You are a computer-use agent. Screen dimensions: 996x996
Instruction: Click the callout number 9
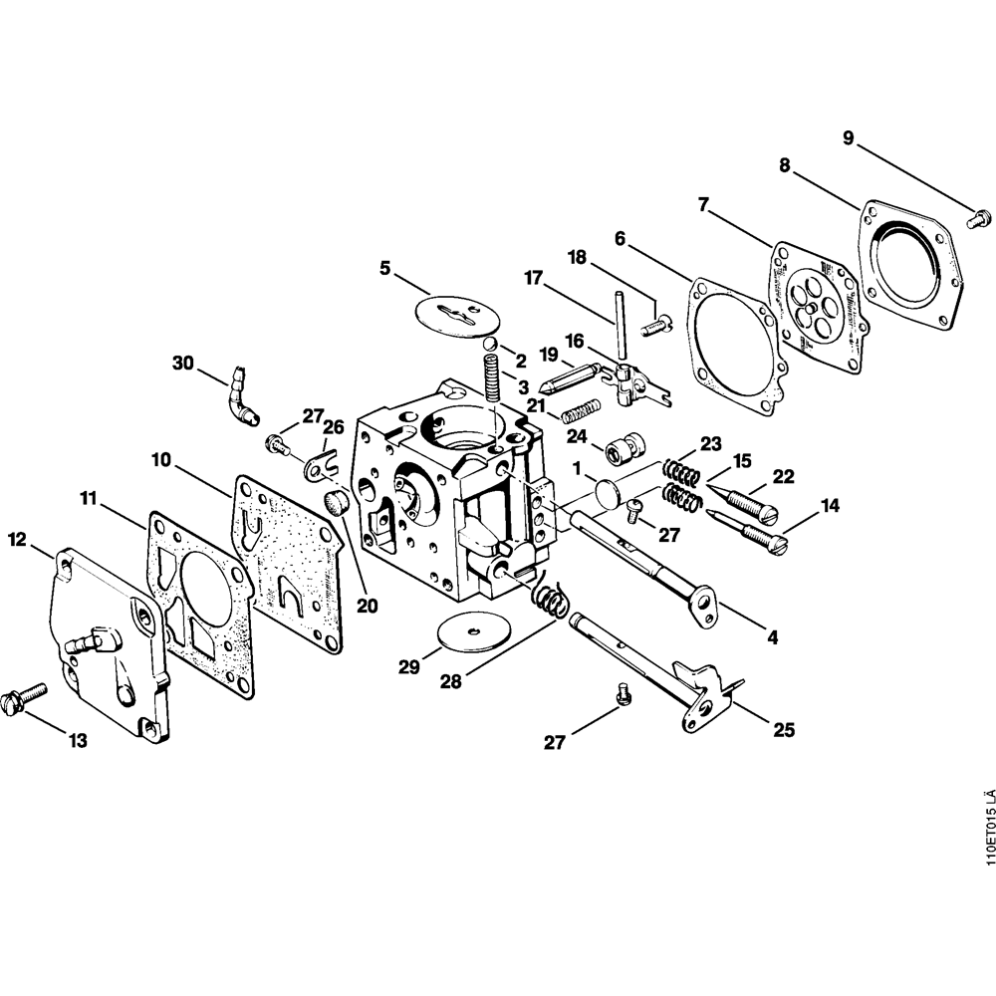pos(848,138)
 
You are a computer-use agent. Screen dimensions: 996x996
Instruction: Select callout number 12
pos(16,540)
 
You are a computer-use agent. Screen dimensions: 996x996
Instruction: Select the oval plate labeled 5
pos(453,312)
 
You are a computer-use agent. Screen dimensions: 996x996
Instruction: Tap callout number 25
pos(784,730)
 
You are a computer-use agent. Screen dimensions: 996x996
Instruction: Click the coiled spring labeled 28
pos(549,599)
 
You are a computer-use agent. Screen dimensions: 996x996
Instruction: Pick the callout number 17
pos(535,280)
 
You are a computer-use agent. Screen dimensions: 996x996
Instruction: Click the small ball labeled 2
pos(492,345)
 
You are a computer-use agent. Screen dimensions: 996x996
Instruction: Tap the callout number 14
pos(830,507)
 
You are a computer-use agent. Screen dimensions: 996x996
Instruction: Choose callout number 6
pos(620,238)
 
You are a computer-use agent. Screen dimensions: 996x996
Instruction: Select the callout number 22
pos(784,477)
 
